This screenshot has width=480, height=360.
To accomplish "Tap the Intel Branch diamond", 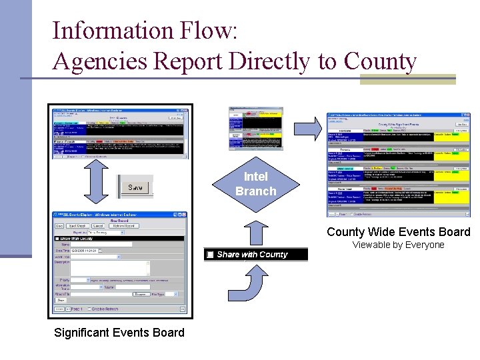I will coord(255,184).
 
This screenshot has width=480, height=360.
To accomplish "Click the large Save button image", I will coord(135,187).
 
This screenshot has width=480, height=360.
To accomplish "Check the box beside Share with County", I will coord(210,255).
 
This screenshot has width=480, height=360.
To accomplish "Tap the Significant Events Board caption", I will coord(119,332).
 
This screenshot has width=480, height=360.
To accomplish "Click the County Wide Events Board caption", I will coord(398,232).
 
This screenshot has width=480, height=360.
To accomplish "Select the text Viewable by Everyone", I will coord(398,245).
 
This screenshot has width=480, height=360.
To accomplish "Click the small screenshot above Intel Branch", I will coord(255,127).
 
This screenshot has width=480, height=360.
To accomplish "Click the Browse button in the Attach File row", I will coord(140,293).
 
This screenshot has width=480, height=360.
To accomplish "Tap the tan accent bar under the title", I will coord(407,79).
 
